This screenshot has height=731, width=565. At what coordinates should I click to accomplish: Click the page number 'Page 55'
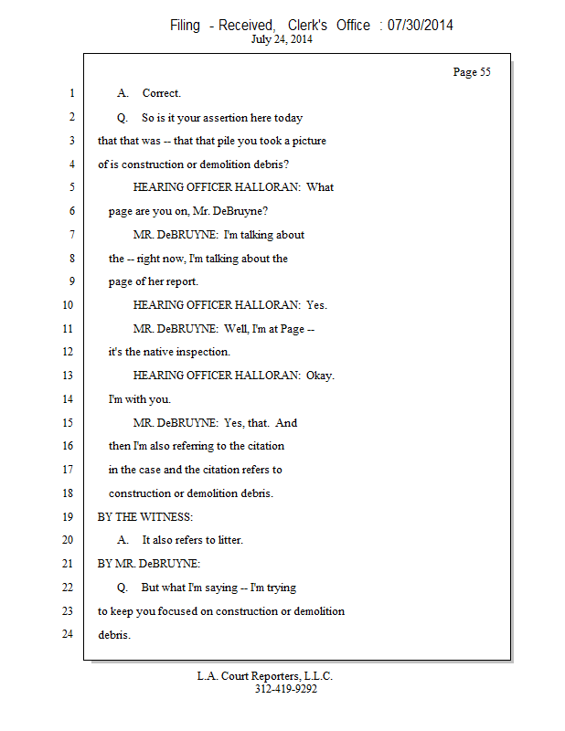pyautogui.click(x=472, y=72)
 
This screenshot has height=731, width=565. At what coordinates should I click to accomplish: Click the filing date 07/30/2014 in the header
pyautogui.click(x=420, y=26)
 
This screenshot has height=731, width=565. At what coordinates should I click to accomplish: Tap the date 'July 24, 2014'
pyautogui.click(x=282, y=40)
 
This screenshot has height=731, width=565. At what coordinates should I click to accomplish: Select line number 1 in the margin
pyautogui.click(x=70, y=93)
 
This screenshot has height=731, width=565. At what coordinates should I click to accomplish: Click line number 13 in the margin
pyautogui.click(x=69, y=376)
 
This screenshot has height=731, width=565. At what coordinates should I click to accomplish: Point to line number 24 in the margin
pyautogui.click(x=68, y=634)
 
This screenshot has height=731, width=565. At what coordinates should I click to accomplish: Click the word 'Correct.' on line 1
pyautogui.click(x=162, y=93)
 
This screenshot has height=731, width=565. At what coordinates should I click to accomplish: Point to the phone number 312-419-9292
pyautogui.click(x=285, y=690)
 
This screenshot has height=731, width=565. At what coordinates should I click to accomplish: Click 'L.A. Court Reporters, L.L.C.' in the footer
pyautogui.click(x=265, y=676)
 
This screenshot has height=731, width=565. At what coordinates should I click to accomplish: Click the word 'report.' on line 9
pyautogui.click(x=180, y=281)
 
